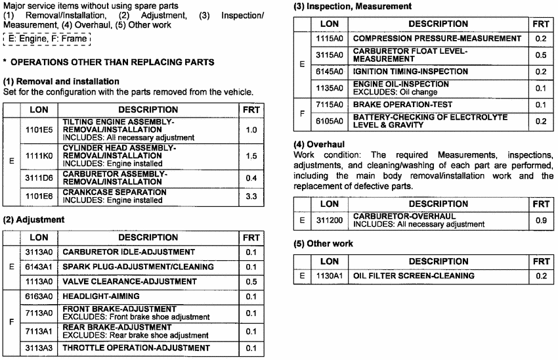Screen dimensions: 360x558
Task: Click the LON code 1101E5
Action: point(40,130)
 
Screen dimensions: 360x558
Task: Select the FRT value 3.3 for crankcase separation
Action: point(251,196)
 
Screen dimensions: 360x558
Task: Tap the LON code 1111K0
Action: point(40,157)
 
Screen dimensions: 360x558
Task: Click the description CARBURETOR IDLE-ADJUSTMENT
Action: point(129,252)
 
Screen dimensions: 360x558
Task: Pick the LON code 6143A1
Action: point(40,267)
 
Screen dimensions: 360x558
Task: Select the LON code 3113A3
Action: point(40,348)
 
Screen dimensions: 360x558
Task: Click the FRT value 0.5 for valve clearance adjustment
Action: point(251,281)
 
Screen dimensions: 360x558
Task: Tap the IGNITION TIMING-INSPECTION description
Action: point(410,71)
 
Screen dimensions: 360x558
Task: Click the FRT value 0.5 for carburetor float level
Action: point(541,55)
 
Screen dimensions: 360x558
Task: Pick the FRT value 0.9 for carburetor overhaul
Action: point(541,220)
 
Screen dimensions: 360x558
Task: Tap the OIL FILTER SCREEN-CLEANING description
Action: point(414,275)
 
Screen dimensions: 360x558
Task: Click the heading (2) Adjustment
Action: point(34,219)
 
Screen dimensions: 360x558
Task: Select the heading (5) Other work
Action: point(323,243)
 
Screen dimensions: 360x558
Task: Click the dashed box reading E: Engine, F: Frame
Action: point(46,40)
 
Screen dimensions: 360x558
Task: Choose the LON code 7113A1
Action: point(40,330)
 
